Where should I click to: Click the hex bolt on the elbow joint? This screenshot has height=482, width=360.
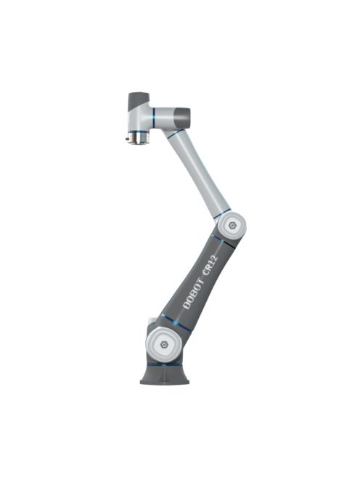point(232,226)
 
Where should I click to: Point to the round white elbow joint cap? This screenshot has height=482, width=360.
point(232,226)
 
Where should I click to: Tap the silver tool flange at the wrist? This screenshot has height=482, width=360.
point(138,136)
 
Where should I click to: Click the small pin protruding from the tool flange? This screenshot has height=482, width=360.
point(127,137)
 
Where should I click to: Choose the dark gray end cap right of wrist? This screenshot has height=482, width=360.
point(181,116)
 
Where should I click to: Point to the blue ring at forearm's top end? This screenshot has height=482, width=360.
point(174,134)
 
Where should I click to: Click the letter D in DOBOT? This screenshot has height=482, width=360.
point(187,305)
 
